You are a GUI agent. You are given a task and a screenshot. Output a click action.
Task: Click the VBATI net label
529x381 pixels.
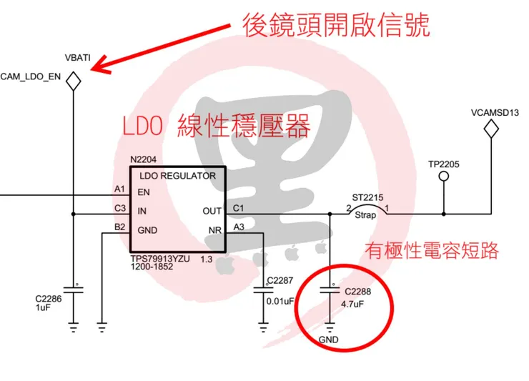point(77,57)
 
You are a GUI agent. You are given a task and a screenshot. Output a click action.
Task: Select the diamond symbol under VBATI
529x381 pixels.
point(73,81)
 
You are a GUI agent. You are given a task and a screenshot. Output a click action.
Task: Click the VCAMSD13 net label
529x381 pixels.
point(495,113)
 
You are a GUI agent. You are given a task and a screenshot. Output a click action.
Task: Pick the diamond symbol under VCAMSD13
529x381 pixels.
point(491,129)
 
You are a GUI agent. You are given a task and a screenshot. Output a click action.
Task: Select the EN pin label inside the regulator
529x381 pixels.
point(144,192)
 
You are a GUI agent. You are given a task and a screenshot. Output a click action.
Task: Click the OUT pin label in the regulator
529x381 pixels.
point(212,211)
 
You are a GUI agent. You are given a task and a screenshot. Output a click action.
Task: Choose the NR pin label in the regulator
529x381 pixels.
point(214,230)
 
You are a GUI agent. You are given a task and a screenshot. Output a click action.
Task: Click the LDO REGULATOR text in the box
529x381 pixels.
point(178,175)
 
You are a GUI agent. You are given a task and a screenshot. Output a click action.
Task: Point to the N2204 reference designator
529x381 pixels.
point(144,159)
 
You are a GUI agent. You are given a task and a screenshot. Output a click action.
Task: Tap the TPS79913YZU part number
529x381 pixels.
point(162,259)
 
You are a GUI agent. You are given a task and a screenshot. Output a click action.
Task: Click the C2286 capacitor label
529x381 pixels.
point(49,299)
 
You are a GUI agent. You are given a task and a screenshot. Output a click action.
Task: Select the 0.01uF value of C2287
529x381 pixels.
point(280,302)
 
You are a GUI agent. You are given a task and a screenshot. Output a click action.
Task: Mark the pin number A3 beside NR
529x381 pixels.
point(238,227)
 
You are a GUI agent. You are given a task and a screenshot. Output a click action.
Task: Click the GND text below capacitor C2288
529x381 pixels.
point(329,340)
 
